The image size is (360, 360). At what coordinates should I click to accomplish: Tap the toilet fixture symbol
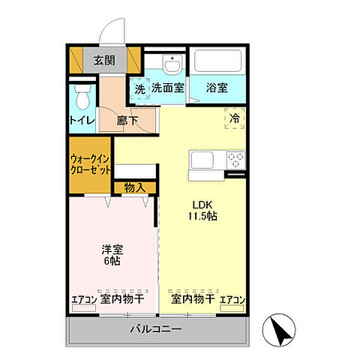(82, 97)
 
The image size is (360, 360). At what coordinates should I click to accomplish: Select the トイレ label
(81, 120)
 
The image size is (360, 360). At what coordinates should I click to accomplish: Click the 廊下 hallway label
(127, 120)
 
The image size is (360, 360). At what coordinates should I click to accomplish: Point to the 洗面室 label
(168, 88)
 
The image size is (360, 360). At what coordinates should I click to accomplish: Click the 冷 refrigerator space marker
(234, 118)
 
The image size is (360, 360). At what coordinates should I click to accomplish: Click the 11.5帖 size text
(202, 217)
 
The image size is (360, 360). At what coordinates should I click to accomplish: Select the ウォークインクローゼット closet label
(91, 163)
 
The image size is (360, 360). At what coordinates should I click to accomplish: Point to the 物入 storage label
(135, 187)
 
